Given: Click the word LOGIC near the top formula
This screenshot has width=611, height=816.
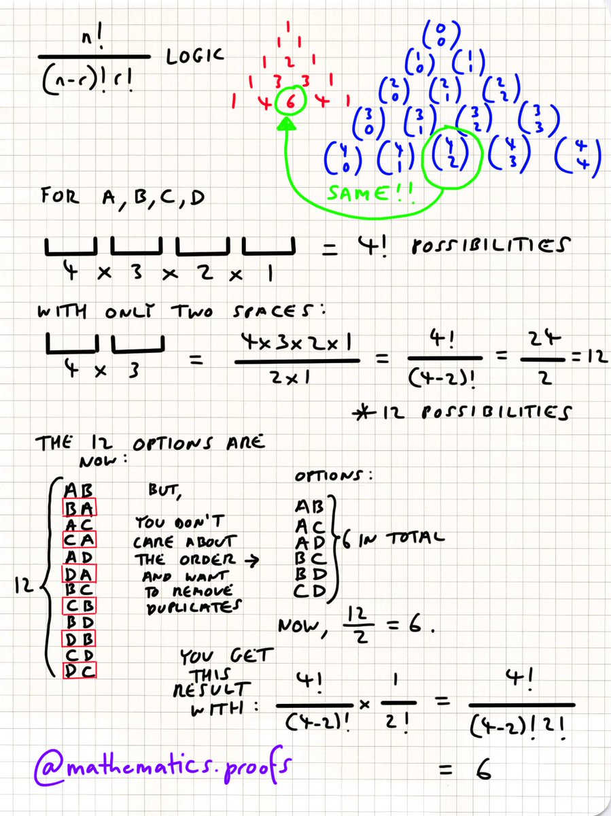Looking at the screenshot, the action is click(194, 58).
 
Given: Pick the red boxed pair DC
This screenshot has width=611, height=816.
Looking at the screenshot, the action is click(80, 670).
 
